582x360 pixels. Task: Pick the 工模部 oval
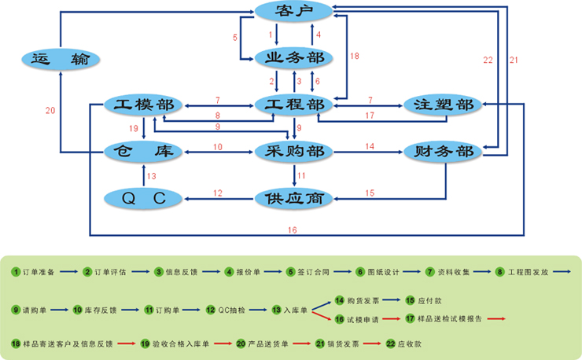(x=144, y=105)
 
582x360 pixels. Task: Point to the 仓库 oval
(x=144, y=151)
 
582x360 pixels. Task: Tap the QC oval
(x=144, y=197)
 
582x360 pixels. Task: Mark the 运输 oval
(x=61, y=57)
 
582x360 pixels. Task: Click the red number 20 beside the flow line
(x=50, y=110)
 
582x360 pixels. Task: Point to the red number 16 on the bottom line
(x=292, y=230)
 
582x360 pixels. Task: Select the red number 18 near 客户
(x=354, y=56)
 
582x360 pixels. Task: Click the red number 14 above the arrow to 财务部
(x=370, y=145)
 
